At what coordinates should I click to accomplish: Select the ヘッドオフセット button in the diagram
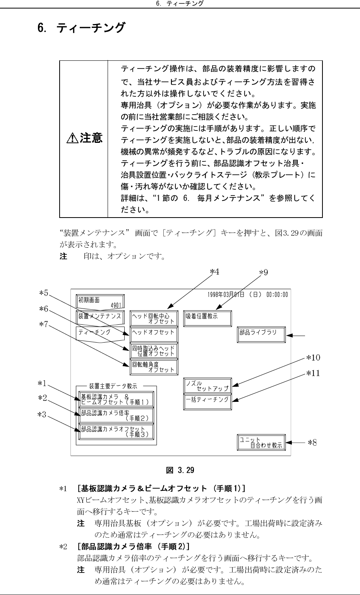[x=154, y=333]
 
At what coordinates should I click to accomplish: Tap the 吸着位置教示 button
[x=207, y=318]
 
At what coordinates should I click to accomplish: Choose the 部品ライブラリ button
[x=261, y=334]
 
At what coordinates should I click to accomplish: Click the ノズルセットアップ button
[x=207, y=386]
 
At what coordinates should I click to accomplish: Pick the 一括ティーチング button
[x=207, y=401]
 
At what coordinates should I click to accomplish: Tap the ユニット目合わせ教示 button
[x=261, y=442]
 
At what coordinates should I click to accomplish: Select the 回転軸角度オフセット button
[x=154, y=367]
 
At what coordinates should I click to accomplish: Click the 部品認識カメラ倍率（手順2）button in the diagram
[x=116, y=415]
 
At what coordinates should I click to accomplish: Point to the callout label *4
[x=214, y=272]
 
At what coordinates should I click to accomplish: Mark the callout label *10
[x=313, y=357]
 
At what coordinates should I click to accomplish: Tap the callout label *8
[x=312, y=442]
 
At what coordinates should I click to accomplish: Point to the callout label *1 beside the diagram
[x=42, y=383]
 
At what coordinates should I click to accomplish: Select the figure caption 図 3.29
[x=180, y=470]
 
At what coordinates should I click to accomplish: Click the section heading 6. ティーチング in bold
[x=81, y=28]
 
